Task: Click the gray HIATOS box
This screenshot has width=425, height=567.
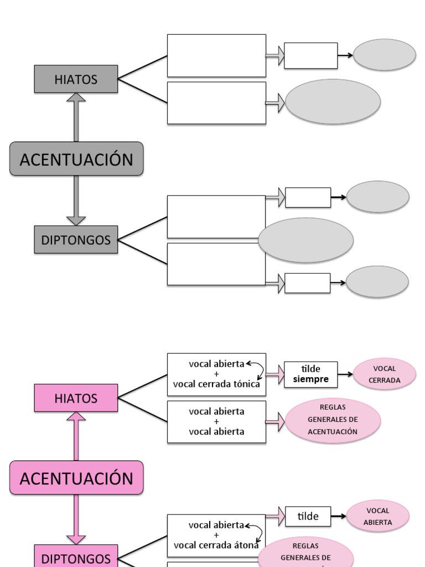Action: (76, 79)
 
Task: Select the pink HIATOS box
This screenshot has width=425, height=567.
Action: (76, 398)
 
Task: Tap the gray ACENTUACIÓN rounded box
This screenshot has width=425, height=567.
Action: (76, 159)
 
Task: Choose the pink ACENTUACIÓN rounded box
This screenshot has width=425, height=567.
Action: (76, 478)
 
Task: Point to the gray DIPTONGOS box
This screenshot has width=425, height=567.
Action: (76, 240)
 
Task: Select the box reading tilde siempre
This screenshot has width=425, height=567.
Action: (310, 374)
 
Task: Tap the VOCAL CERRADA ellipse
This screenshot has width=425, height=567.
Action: (385, 374)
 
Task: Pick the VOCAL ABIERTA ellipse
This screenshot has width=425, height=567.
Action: (378, 516)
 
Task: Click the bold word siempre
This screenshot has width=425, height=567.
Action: (310, 379)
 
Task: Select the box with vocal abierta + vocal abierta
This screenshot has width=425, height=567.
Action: (216, 422)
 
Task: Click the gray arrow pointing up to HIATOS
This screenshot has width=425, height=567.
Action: (76, 117)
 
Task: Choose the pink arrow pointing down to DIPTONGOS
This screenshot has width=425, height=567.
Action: (76, 519)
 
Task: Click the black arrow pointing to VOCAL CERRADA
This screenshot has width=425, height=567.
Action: (345, 374)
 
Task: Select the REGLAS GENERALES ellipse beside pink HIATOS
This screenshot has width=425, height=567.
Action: (333, 421)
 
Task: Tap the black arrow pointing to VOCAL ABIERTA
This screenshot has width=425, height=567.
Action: (339, 516)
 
